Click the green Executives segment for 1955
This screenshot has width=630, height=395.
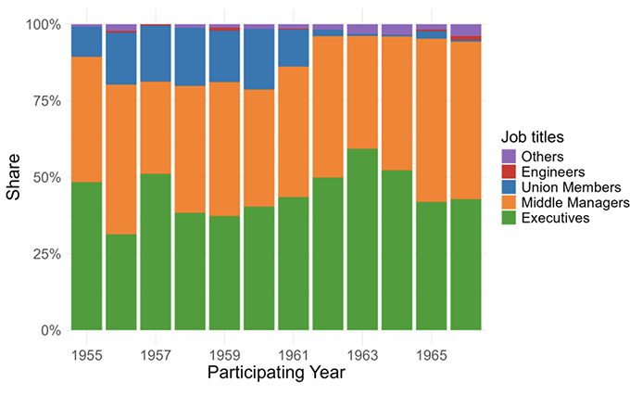86,256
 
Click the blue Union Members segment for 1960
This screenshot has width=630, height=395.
258,59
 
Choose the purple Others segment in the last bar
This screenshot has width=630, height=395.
466,30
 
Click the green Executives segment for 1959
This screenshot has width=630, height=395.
224,273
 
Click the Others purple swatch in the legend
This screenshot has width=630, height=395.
507,157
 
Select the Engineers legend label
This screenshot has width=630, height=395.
553,172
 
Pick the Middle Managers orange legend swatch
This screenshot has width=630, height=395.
507,202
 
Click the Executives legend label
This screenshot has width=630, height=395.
557,218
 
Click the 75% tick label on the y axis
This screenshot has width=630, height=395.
44,100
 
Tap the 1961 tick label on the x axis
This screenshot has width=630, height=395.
293,354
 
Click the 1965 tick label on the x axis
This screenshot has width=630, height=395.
431,354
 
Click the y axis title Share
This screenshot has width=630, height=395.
15,178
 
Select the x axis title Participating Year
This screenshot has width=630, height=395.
275,374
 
